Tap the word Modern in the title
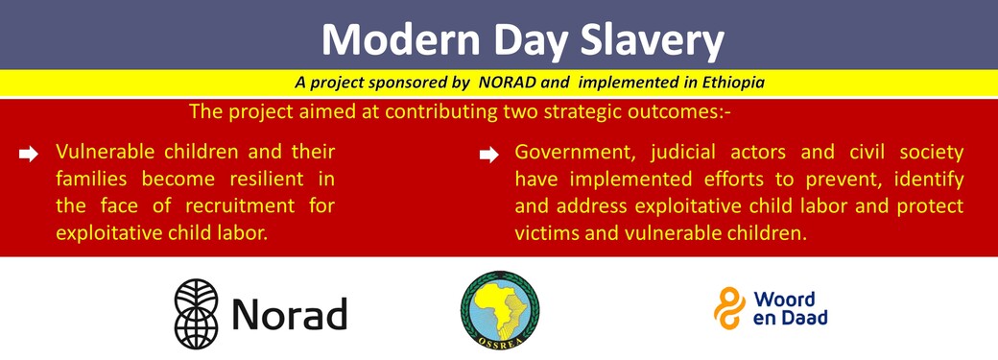(401, 40)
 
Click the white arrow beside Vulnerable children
(29, 155)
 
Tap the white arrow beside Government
(488, 155)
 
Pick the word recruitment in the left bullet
(240, 206)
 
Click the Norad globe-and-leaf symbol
(196, 314)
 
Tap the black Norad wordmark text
(289, 314)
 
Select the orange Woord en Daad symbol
(729, 308)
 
